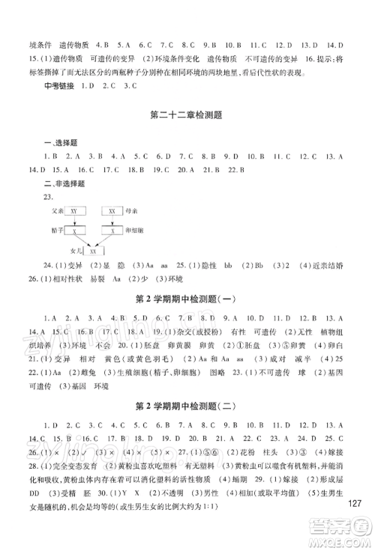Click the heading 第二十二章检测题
coord(187,115)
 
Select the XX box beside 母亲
coord(112,212)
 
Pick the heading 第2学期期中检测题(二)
coord(187,407)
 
